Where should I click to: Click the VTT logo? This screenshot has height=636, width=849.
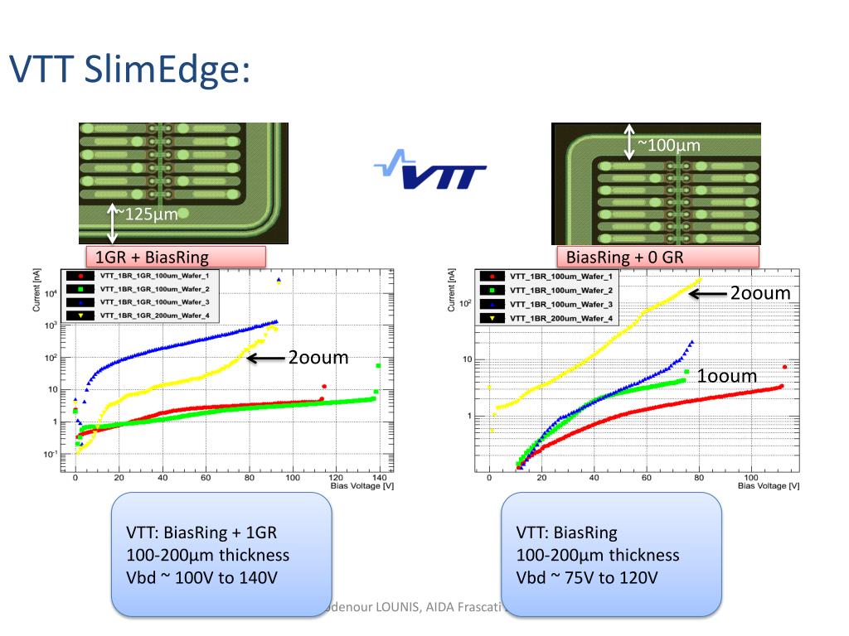(430, 171)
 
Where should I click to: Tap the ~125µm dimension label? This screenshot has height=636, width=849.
(147, 215)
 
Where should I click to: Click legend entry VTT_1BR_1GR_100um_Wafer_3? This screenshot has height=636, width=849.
(153, 302)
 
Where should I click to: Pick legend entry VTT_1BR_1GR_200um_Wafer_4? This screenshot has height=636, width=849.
(153, 316)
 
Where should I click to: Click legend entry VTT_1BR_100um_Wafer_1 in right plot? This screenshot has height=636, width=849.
(561, 276)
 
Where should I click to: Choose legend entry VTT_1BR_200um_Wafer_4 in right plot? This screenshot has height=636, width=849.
(561, 318)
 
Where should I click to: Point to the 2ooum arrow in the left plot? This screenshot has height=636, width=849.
(265, 359)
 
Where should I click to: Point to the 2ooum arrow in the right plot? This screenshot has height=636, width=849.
(708, 293)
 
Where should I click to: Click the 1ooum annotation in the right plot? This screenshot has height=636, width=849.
(726, 376)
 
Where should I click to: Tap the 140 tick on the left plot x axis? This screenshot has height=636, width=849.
(379, 478)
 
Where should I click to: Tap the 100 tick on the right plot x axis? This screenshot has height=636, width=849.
(752, 477)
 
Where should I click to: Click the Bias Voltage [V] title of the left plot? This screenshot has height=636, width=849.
(362, 486)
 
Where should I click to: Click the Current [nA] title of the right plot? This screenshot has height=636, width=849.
(453, 288)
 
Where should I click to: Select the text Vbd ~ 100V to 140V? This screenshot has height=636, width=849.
(201, 577)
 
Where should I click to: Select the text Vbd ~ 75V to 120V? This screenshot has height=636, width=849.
(587, 577)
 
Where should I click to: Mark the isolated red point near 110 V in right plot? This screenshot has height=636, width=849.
(784, 367)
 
